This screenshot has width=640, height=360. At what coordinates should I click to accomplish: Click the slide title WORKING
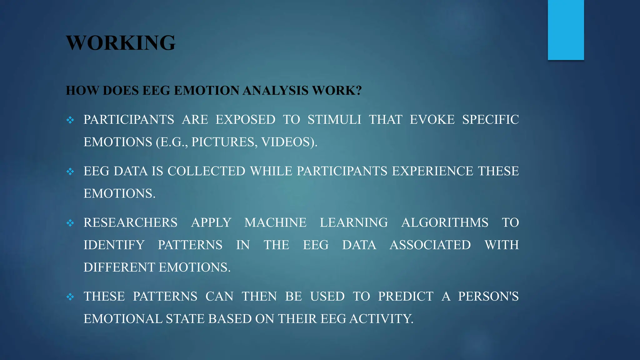coord(121,43)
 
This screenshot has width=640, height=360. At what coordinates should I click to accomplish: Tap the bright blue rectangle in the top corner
coord(566,30)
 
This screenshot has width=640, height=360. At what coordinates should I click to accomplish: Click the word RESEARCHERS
coord(130,223)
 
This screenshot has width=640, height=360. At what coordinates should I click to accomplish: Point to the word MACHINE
coord(275,223)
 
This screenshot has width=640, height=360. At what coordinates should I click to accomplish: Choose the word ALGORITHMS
coord(445,223)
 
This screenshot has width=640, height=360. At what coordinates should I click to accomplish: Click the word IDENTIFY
coord(114,245)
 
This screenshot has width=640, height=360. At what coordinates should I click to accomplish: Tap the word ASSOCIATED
coord(430,245)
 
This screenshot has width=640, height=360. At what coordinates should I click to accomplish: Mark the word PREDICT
coord(406,297)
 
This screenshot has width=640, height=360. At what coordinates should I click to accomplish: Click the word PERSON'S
coord(488,297)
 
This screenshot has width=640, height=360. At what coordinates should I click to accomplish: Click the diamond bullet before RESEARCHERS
coord(70,223)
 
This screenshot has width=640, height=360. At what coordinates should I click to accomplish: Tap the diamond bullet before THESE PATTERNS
coord(70,297)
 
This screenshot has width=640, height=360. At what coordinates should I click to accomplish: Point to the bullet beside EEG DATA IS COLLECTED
coord(70,171)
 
